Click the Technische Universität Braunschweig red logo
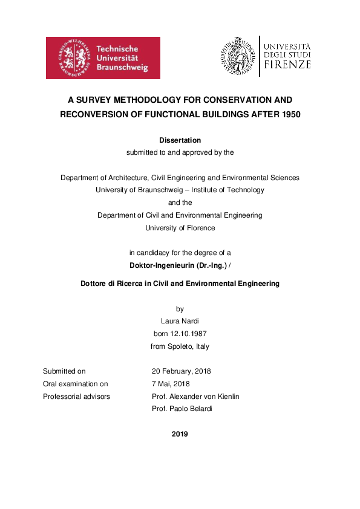tap(103, 58)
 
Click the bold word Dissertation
tap(180, 140)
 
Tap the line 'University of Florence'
tap(180, 228)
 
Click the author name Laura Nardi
tap(180, 322)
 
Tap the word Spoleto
tap(180, 347)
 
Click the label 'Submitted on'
tap(64, 371)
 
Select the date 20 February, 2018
tap(181, 371)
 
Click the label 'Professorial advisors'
tap(76, 397)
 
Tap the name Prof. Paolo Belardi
tap(183, 409)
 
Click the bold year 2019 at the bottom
tap(180, 434)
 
